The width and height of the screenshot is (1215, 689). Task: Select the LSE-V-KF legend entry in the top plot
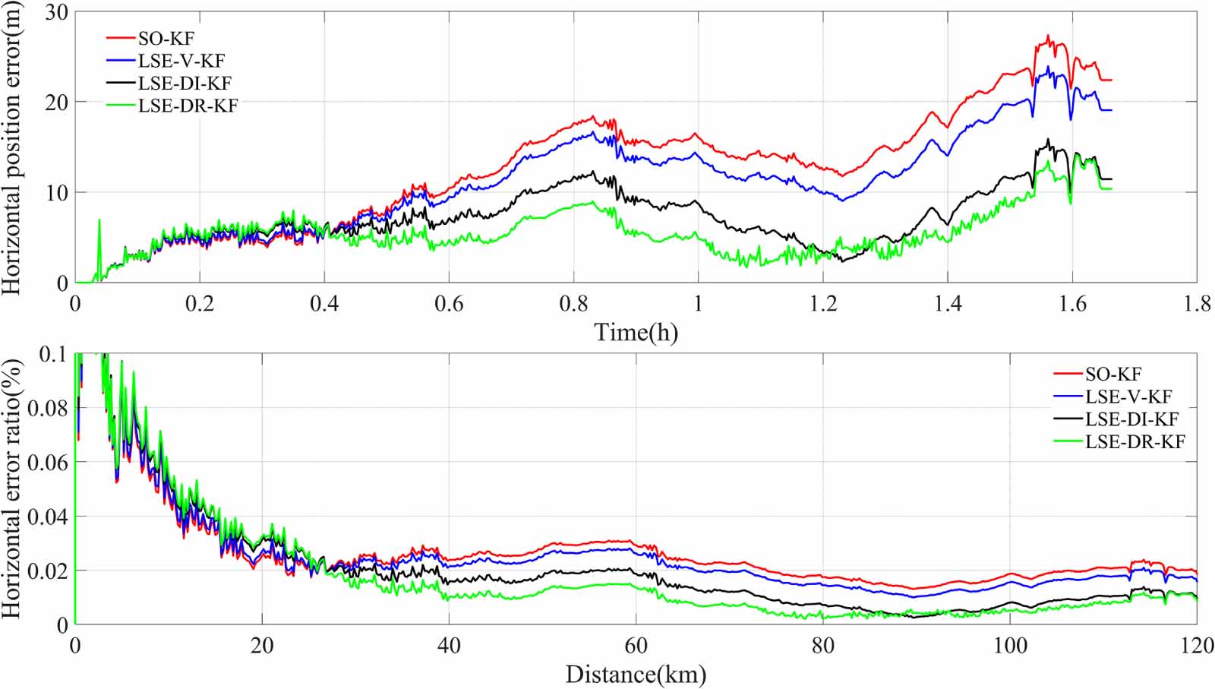tap(166, 61)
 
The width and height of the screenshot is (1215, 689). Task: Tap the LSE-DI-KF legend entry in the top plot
tap(169, 83)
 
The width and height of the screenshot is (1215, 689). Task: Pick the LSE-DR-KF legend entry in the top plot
tap(172, 106)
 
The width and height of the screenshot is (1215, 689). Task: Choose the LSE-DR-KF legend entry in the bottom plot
tap(1119, 441)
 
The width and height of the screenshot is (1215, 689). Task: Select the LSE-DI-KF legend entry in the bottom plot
tap(1116, 419)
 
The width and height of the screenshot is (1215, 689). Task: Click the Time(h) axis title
tap(636, 333)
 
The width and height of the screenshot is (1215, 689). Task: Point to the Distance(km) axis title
tap(636, 675)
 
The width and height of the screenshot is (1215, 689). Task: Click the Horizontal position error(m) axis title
tap(11, 147)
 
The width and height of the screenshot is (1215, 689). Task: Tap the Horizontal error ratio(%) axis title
tap(11, 488)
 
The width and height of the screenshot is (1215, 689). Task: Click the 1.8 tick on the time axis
tap(1197, 304)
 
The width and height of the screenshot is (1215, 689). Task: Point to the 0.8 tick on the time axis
tap(574, 304)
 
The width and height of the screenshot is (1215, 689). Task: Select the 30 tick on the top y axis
tap(57, 12)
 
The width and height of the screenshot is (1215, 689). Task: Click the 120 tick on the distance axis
tap(1196, 646)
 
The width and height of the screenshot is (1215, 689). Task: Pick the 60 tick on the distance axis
tap(636, 646)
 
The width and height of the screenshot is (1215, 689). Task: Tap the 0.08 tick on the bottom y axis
tap(49, 408)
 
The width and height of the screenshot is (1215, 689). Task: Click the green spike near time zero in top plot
tap(99, 220)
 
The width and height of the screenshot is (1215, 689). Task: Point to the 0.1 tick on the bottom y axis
tap(54, 354)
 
